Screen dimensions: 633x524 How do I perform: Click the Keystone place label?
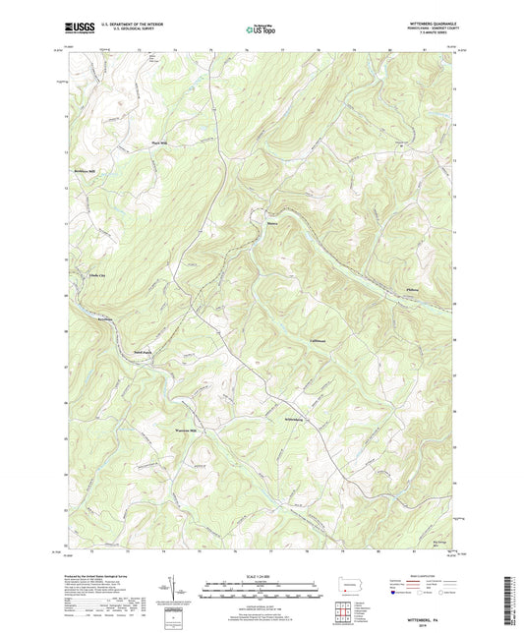(104, 320)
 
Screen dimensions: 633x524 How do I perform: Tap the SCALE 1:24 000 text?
(261, 575)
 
